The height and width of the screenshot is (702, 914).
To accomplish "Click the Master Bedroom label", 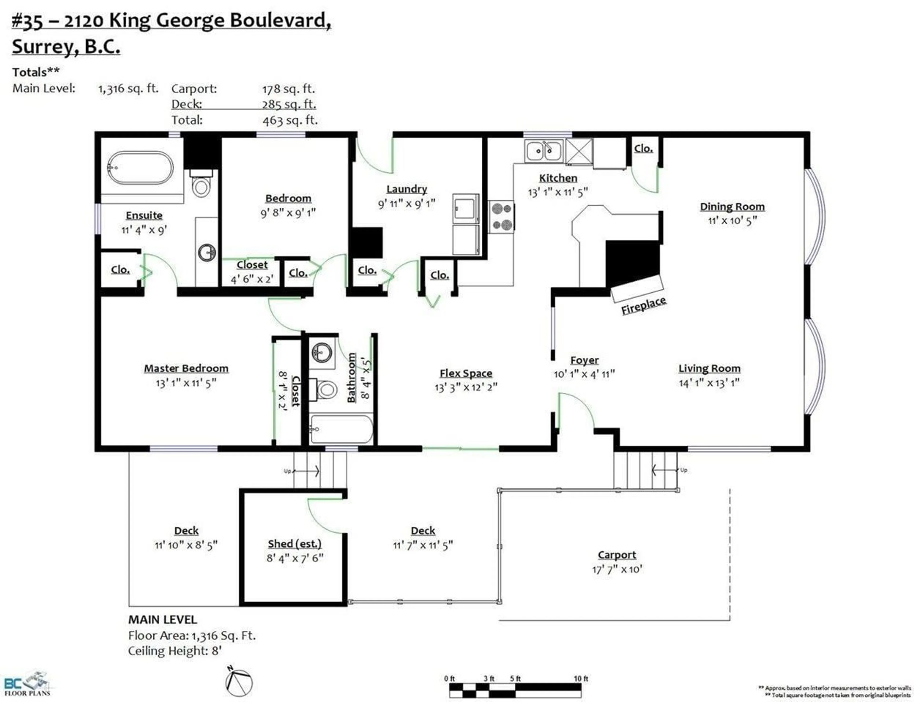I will [x=186, y=368].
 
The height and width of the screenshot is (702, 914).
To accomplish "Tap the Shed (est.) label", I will [x=294, y=544].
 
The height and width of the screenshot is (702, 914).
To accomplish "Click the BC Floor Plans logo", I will [x=27, y=684].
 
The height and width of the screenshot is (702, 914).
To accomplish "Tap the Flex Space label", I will [x=466, y=373].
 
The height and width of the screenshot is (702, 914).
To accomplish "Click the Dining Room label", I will [x=732, y=206].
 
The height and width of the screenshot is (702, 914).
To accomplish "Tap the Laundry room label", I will [x=406, y=189].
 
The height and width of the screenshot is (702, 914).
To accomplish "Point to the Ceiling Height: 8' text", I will [x=175, y=651].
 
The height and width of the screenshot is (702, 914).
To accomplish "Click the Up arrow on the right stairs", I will [x=665, y=470].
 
